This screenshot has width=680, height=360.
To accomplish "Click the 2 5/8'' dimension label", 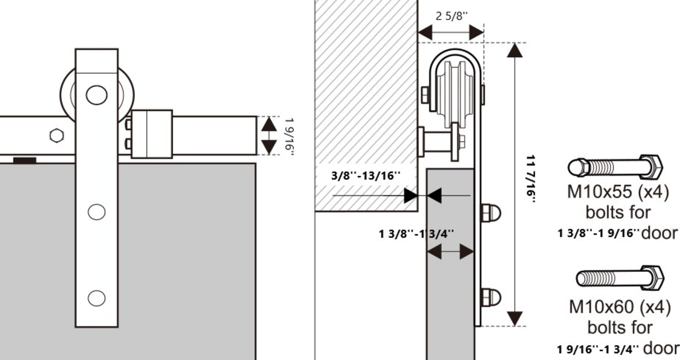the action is pyautogui.click(x=451, y=16).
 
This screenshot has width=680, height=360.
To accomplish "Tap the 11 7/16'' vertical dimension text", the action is pyautogui.click(x=530, y=180).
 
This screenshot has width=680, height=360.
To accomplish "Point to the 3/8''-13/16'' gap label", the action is pyautogui.click(x=365, y=176).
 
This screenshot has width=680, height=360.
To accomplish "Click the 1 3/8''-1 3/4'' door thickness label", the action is pyautogui.click(x=416, y=234).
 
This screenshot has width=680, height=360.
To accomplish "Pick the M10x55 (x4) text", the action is pyautogui.click(x=618, y=192).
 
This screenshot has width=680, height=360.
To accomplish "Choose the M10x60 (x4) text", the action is pyautogui.click(x=620, y=307).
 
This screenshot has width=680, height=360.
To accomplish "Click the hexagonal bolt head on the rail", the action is pyautogui.click(x=57, y=136).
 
